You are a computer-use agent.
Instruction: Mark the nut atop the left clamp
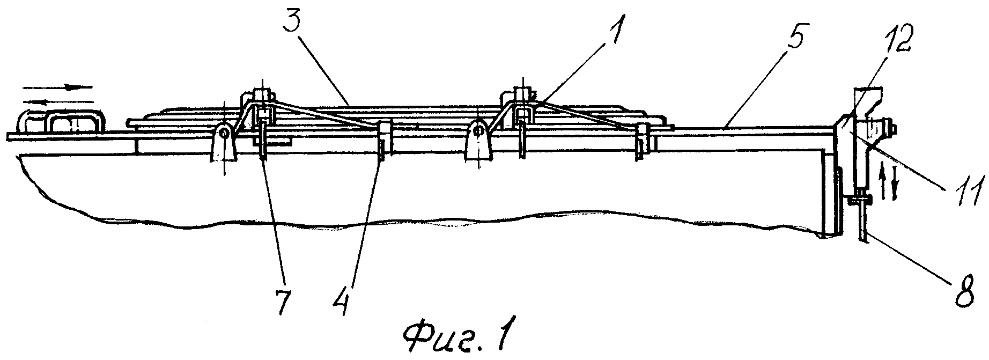point(260,93)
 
